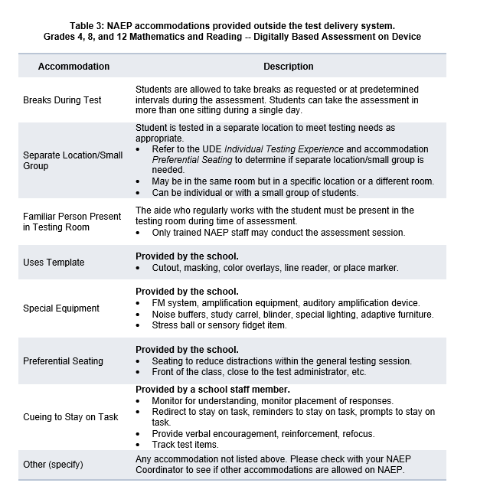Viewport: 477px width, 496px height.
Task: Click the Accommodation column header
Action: [x=74, y=67]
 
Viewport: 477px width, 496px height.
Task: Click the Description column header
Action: [x=289, y=67]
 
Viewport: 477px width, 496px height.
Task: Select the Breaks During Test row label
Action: [x=62, y=100]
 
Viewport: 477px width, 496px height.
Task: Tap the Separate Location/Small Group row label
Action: [x=73, y=160]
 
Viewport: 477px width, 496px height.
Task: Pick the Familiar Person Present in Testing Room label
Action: [x=72, y=221]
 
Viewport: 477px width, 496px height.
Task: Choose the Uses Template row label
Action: [x=54, y=263]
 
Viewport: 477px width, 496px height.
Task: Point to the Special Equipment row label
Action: [x=61, y=308]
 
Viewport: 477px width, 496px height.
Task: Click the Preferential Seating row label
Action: [x=63, y=361]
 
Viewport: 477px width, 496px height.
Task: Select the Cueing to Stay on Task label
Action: [x=71, y=417]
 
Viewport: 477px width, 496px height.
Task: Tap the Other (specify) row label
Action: [x=53, y=465]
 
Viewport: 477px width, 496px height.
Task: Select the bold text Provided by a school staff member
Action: [x=213, y=390]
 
